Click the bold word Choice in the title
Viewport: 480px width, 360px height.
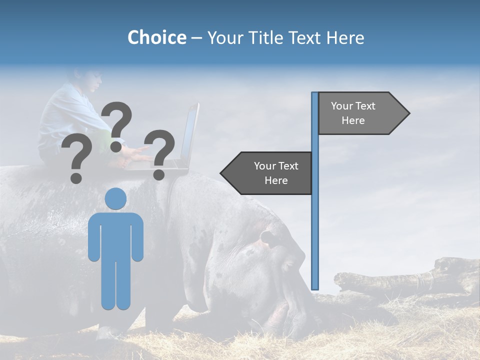[x=156, y=37]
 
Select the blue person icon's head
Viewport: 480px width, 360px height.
[x=115, y=198]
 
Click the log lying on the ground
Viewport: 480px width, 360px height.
[x=400, y=277]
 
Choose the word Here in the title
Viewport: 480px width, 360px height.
[x=345, y=37]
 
